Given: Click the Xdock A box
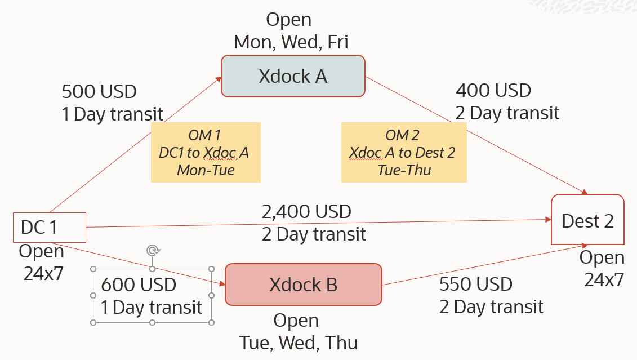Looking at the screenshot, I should [x=293, y=76].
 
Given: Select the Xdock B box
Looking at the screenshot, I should [x=303, y=285].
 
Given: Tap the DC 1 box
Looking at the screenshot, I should [x=49, y=227].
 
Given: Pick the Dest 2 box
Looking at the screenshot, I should [x=587, y=220].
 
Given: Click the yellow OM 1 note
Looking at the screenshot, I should [x=205, y=152].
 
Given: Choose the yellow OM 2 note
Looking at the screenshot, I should [x=403, y=152].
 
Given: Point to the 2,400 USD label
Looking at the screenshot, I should [x=306, y=212].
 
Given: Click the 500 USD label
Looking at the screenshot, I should [x=99, y=91].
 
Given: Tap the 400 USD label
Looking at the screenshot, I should [x=493, y=90].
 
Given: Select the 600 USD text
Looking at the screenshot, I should [x=139, y=285].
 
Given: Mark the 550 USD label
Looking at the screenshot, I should [x=476, y=285].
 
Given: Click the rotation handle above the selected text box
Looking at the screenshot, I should [x=152, y=251].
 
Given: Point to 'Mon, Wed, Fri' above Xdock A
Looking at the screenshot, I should [x=291, y=42].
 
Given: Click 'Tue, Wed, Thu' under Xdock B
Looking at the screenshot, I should [x=298, y=343].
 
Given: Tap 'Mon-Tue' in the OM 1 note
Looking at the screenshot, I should [x=206, y=170].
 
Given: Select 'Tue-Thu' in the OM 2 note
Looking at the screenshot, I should [x=404, y=170].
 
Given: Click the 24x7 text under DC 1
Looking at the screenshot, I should [x=43, y=273].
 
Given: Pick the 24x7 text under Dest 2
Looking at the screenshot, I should [x=604, y=279].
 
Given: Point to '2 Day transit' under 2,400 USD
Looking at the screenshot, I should [x=314, y=234].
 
